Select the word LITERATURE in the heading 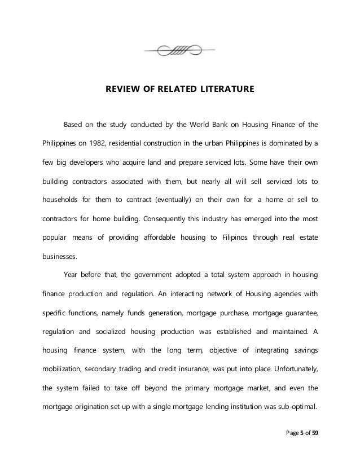(227, 89)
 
